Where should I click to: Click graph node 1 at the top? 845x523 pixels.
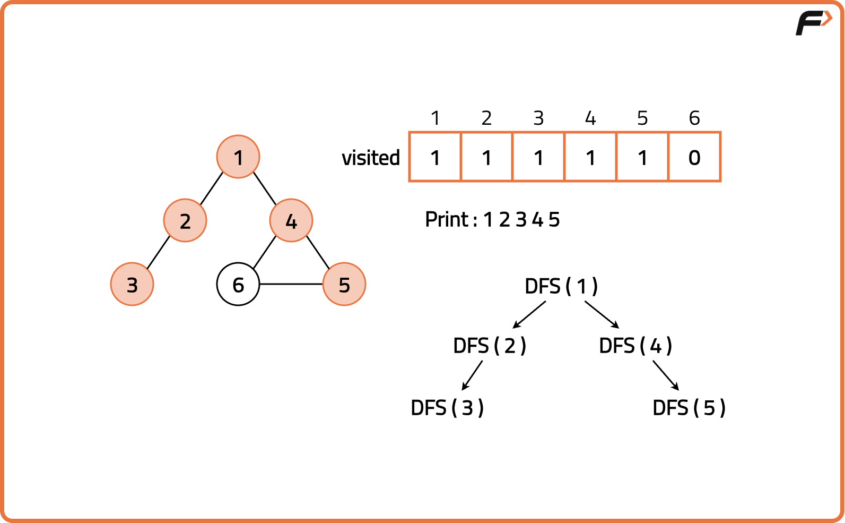point(238,157)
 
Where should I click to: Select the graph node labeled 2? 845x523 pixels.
point(185,220)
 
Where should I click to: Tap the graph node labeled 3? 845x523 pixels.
point(132,284)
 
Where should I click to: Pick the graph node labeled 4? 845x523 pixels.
point(291,220)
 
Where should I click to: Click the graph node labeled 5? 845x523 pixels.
point(344,284)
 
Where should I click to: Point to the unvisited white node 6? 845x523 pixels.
point(238,284)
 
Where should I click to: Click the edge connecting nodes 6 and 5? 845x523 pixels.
point(291,284)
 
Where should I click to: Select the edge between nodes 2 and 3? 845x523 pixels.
point(158,253)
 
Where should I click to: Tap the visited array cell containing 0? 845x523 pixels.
point(694,157)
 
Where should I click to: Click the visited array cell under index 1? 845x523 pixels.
point(435,157)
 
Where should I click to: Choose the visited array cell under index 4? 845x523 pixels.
point(590,157)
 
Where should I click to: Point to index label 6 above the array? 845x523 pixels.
point(694,118)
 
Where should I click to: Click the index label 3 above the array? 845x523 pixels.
point(538,118)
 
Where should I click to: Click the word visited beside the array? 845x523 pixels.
point(371,158)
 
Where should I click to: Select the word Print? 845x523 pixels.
point(447,219)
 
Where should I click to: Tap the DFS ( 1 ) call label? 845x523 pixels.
point(561,286)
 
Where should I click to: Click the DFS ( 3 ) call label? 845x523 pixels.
point(447,408)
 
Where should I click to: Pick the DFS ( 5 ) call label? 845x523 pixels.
point(689,408)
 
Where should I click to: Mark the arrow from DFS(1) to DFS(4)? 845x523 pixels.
point(602,314)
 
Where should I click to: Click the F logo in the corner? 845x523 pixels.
point(813,23)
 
